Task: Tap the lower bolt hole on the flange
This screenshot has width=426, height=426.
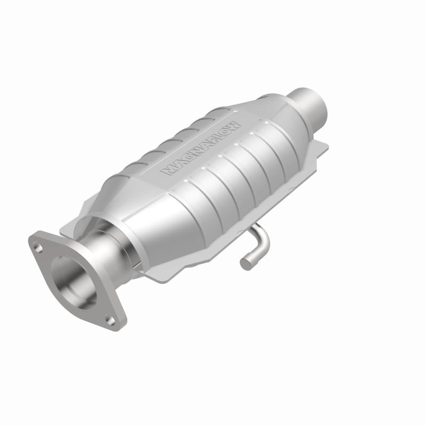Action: [x=110, y=319]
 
